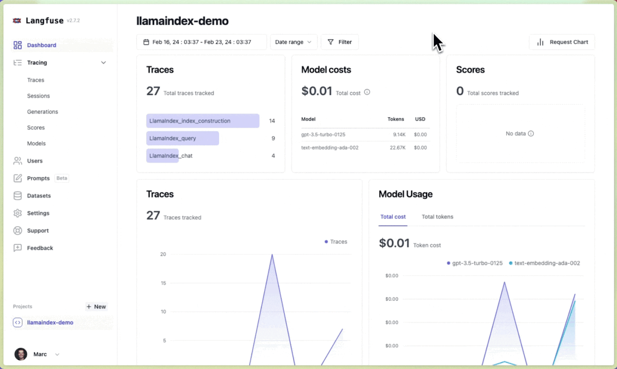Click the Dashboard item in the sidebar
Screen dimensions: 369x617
click(x=41, y=45)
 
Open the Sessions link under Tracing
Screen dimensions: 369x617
click(x=38, y=96)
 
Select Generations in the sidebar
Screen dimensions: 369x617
click(x=42, y=112)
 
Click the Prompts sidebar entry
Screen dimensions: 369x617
click(x=38, y=179)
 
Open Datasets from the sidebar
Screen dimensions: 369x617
click(x=39, y=196)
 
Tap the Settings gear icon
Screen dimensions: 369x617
click(x=18, y=213)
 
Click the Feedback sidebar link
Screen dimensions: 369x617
click(x=40, y=248)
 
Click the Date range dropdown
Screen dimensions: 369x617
click(x=293, y=42)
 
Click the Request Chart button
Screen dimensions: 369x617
click(x=562, y=42)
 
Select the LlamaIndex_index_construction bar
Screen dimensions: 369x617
click(x=203, y=121)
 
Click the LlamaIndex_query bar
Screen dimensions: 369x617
click(x=182, y=138)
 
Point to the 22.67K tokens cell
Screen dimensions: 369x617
click(x=398, y=148)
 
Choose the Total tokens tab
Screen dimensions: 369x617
click(x=437, y=217)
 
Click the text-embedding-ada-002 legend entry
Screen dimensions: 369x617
click(x=547, y=263)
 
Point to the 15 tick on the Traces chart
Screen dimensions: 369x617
click(x=163, y=283)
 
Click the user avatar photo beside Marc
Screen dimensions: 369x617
click(x=21, y=354)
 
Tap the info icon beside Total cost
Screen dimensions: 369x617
click(x=367, y=93)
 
